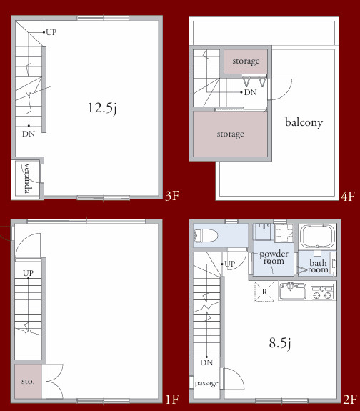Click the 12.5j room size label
102,108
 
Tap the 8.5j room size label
280,343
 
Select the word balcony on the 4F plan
304,122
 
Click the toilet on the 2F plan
206,235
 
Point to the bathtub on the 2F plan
317,236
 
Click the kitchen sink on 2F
292,291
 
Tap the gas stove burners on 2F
322,292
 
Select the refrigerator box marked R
264,292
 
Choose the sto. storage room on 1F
28,381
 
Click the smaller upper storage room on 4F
246,61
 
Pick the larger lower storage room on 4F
230,134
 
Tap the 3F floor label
172,196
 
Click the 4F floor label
348,197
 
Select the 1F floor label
172,400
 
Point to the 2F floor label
350,400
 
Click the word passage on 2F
206,383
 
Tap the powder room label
274,257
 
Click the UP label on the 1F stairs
28,273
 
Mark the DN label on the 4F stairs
250,92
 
